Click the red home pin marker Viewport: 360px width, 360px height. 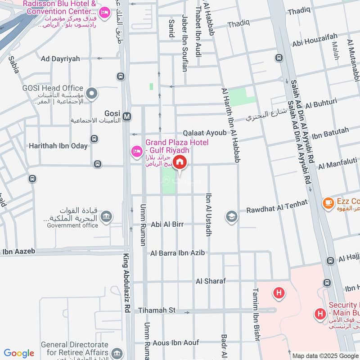[x=180, y=162]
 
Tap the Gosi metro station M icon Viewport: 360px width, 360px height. [x=127, y=117]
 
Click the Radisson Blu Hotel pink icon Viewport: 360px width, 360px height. [x=104, y=13]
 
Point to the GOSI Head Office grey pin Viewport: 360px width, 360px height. [x=92, y=94]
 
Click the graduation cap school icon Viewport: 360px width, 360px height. [x=232, y=216]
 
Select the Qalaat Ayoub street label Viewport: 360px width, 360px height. [x=205, y=133]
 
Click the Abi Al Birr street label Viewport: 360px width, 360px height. [x=167, y=224]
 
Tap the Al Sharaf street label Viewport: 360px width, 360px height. [x=211, y=281]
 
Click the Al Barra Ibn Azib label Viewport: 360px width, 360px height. [x=178, y=253]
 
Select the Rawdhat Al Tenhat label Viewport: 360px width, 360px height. [x=277, y=207]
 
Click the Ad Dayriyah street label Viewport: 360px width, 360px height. [x=60, y=58]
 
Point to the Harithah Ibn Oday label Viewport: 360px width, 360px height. [x=58, y=146]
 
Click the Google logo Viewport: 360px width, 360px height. [x=19, y=353]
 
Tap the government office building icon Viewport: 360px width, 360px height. [x=107, y=218]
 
